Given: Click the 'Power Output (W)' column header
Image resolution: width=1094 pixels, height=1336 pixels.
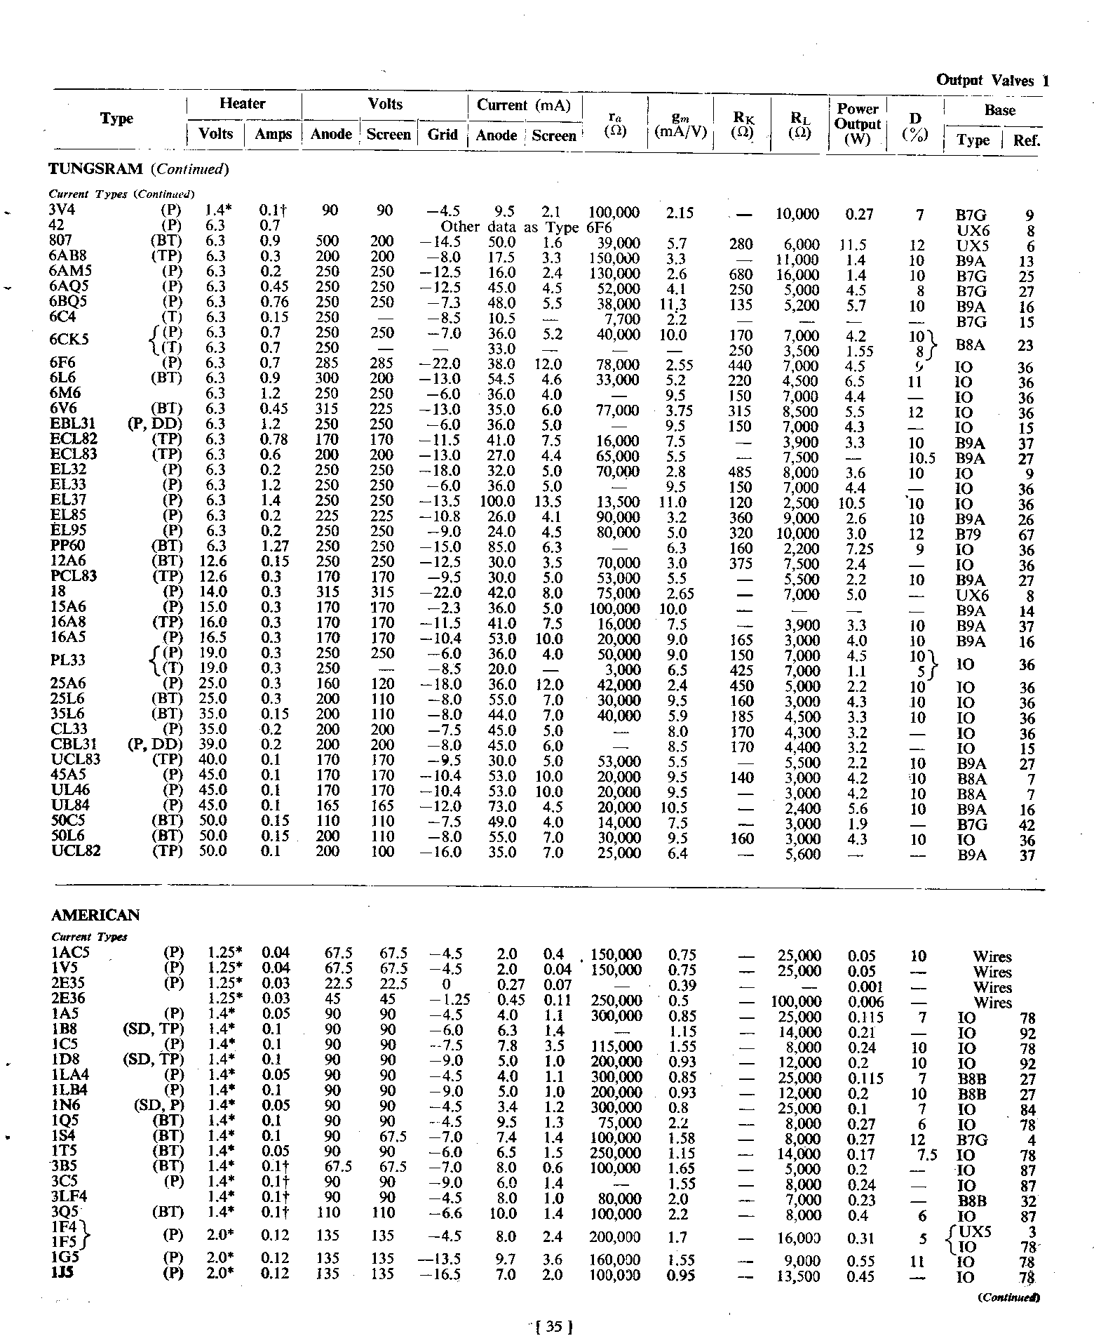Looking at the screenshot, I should click(x=857, y=123).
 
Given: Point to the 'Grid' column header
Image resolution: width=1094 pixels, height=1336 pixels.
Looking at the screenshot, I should click(x=442, y=134).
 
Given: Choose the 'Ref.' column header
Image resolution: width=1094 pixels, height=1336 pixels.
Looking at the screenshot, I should click(x=1026, y=140).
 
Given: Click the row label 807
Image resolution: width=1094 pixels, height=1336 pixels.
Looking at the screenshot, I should click(x=62, y=241).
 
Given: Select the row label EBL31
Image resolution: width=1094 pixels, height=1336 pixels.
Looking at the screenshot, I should click(x=73, y=424).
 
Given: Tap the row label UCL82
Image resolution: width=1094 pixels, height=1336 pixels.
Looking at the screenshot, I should click(x=76, y=851).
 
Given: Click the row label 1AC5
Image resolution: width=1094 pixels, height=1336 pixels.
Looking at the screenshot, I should click(x=70, y=953).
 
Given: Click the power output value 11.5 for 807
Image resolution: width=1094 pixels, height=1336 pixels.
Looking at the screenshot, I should click(x=852, y=245).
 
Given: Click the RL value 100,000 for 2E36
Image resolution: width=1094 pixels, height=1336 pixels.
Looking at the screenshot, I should click(x=797, y=1001).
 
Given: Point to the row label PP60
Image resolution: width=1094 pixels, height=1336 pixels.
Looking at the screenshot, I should click(x=68, y=546).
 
